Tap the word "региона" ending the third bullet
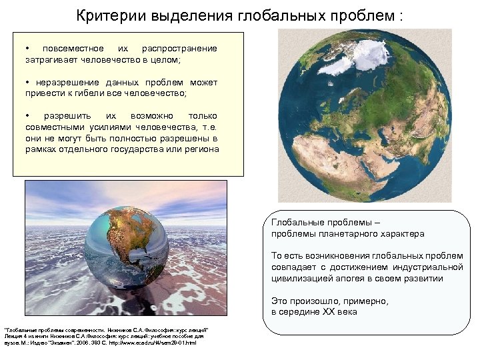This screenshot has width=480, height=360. [x=200, y=149]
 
